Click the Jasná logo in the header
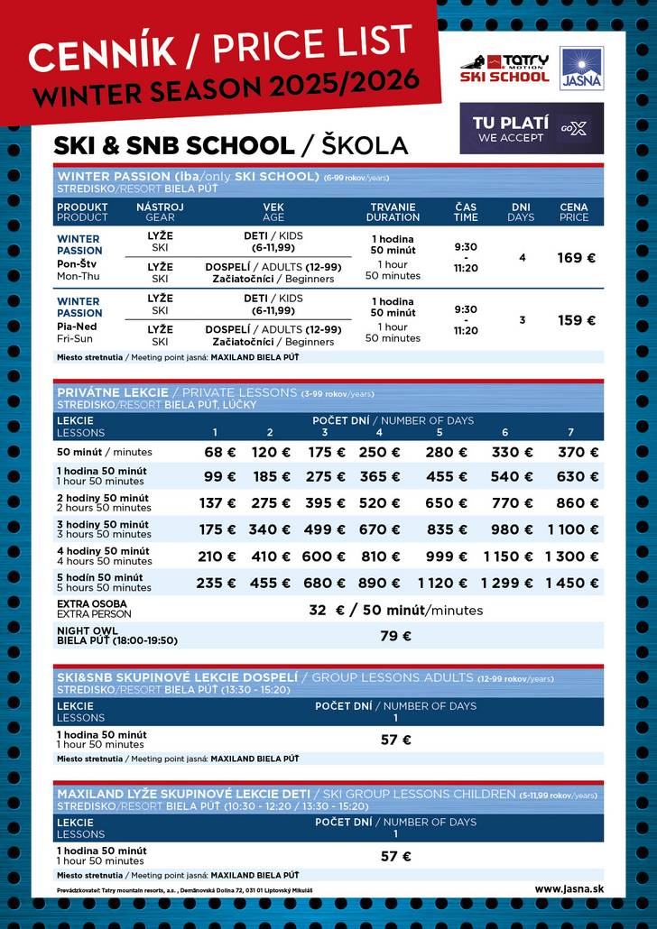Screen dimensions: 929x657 coord(581,69)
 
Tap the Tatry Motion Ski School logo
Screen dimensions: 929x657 coord(505,69)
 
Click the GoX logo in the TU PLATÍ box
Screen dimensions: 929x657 coord(573,128)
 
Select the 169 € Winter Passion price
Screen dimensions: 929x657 coord(576,258)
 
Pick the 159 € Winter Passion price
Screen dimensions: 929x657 coord(576,320)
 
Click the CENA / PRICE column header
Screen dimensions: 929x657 coord(574,212)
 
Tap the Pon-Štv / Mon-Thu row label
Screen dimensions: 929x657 coord(77,270)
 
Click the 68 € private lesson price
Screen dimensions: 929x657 coord(219,452)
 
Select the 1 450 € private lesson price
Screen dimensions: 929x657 coord(572,583)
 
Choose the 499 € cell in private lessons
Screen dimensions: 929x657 coord(324,529)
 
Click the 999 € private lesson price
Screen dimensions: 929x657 coord(440,556)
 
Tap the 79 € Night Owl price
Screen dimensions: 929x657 coord(395,636)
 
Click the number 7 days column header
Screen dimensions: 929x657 coord(570,432)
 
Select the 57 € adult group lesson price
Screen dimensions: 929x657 coord(395,740)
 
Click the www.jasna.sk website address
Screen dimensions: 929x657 coord(569,888)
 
